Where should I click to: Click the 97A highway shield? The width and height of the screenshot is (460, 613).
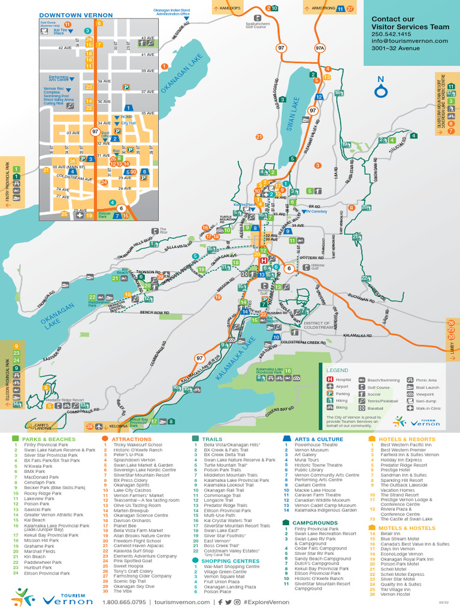320,47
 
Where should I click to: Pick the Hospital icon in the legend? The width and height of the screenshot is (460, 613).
329,380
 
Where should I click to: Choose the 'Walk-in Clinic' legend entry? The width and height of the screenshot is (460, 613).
426,408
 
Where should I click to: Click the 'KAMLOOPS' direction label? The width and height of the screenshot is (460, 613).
229,8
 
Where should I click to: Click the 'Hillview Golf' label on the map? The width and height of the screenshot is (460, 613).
317,267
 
